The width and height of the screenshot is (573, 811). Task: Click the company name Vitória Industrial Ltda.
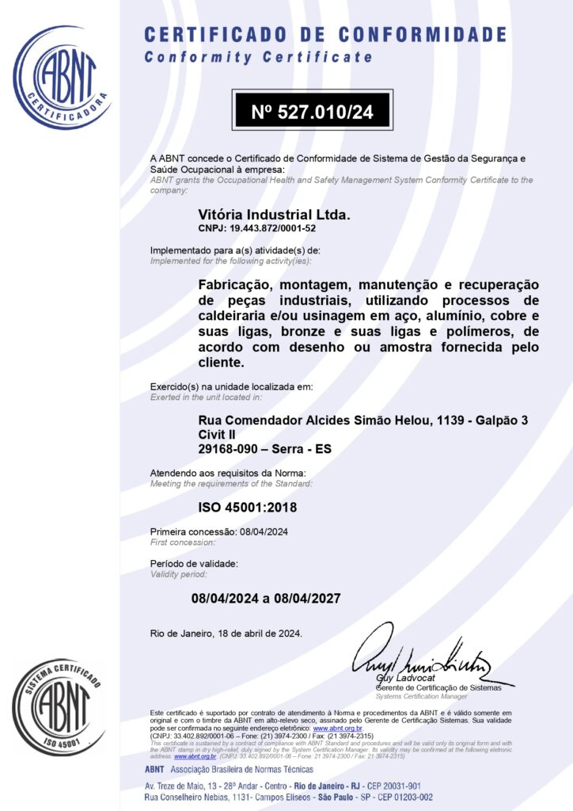tap(273, 215)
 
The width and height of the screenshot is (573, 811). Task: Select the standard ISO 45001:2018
tap(247, 507)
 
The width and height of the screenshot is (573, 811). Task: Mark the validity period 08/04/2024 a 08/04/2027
tap(266, 598)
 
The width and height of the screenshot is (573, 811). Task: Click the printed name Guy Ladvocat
tap(401, 680)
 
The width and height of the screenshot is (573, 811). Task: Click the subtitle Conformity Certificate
tap(258, 57)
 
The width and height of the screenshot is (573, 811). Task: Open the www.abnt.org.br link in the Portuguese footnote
tap(338, 728)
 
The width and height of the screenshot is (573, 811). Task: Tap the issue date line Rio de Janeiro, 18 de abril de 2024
tap(226, 633)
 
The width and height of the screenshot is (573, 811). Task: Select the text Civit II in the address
tap(216, 435)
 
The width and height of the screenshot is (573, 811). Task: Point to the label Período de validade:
tap(193, 563)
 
